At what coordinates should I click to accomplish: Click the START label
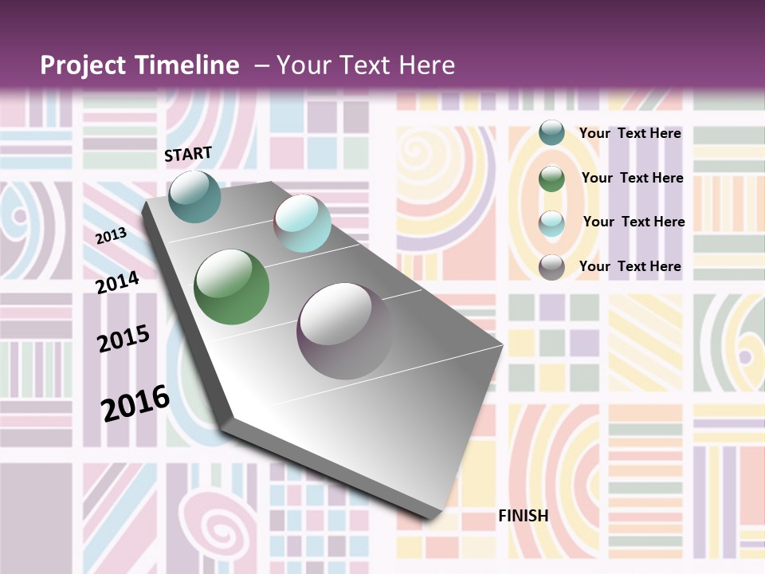(x=188, y=154)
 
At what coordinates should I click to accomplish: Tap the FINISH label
(x=524, y=516)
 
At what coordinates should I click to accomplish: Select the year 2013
(x=112, y=236)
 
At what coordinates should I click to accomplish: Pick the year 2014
(x=117, y=282)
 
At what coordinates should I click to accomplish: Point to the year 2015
(x=124, y=339)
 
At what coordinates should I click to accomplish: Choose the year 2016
(x=135, y=403)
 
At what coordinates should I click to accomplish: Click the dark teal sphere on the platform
(x=195, y=196)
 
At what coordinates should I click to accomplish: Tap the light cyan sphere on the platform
(x=302, y=223)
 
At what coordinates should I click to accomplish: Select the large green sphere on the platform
(x=232, y=287)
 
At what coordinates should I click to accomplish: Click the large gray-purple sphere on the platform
(x=345, y=331)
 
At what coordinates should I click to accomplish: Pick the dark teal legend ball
(x=551, y=133)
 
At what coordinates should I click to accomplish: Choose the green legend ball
(x=551, y=179)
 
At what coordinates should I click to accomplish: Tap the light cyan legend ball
(x=551, y=223)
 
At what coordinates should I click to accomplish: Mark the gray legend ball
(x=551, y=267)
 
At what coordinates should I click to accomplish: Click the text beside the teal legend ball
(x=630, y=133)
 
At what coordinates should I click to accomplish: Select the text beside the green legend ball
(x=632, y=178)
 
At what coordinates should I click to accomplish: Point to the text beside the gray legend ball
(x=630, y=266)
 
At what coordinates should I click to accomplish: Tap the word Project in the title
(x=82, y=65)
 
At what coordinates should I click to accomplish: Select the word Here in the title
(x=427, y=65)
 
